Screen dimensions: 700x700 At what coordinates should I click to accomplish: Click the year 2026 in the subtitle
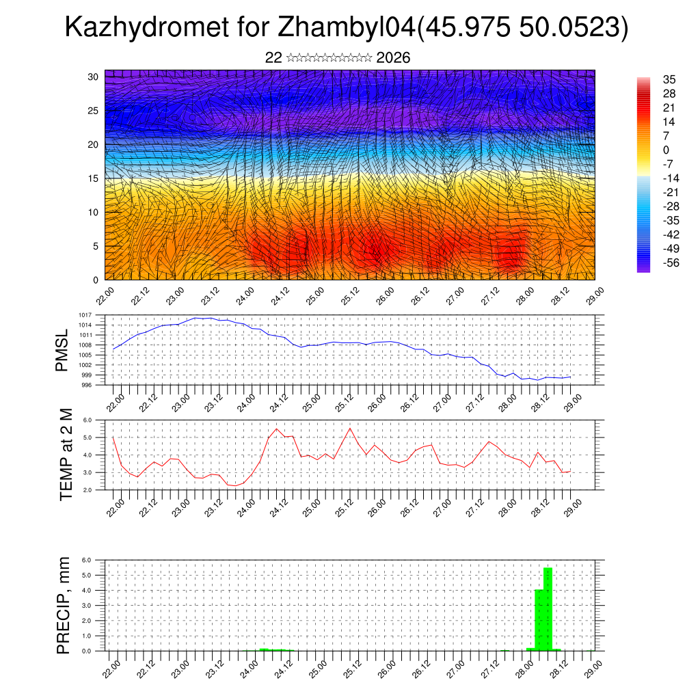point(393,58)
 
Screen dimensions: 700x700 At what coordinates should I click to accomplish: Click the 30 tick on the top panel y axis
point(94,77)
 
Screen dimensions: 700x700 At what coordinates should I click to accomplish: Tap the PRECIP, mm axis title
point(64,604)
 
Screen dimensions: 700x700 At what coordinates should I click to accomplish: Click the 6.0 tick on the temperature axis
point(96,420)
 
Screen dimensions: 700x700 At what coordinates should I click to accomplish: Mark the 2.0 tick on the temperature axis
point(96,490)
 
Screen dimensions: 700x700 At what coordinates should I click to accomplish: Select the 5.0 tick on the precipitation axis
point(96,575)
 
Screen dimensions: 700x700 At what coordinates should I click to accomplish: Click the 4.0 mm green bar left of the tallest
point(539,620)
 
